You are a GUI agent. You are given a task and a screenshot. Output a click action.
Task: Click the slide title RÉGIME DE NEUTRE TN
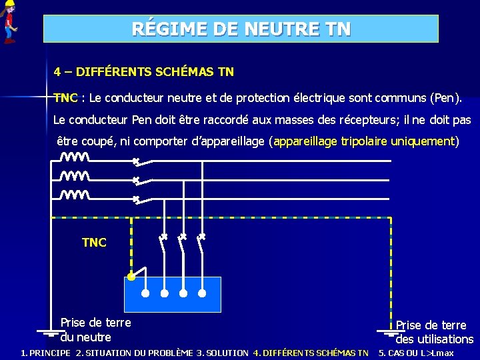[x=241, y=29]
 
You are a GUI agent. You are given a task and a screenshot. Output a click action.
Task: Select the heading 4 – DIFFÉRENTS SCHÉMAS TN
[x=144, y=71]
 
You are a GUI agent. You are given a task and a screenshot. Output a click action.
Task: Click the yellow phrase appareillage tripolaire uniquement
[x=364, y=141]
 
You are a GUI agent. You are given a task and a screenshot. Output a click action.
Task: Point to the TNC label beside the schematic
[x=94, y=243]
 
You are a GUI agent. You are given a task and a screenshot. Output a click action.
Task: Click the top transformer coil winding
[x=75, y=158]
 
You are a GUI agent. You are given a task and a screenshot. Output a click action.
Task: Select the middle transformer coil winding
[x=75, y=177]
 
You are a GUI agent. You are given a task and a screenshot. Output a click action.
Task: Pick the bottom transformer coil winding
[x=75, y=195]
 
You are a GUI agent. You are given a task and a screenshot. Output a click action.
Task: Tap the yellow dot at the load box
[x=131, y=275]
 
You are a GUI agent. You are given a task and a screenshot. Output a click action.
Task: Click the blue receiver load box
[x=173, y=294]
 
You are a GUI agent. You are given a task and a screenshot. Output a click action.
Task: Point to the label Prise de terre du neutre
[x=95, y=330]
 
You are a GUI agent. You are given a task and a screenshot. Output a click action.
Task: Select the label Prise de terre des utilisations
[x=433, y=332]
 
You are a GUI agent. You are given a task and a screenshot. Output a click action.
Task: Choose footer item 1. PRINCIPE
[x=45, y=353]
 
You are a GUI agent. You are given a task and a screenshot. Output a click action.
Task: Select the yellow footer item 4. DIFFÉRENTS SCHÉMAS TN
[x=311, y=353]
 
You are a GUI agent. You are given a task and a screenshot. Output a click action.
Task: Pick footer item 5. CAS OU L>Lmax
[x=416, y=353]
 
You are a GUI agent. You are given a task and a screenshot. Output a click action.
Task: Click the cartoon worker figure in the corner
[x=9, y=22]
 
